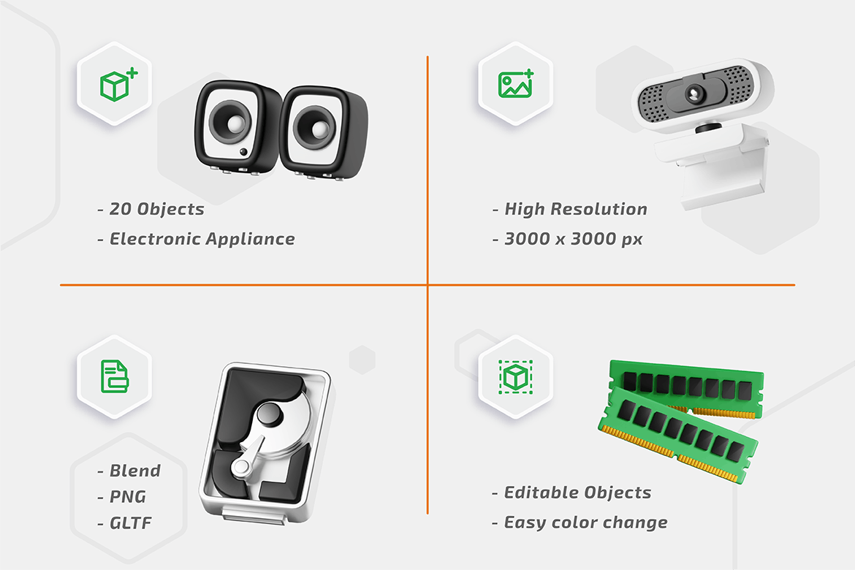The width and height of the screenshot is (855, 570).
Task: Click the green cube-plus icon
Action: click(x=118, y=85)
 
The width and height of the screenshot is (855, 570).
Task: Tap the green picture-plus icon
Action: click(x=516, y=84)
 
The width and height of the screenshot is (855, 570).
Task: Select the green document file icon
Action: click(x=115, y=376)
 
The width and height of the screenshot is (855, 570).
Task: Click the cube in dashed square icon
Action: click(x=516, y=376)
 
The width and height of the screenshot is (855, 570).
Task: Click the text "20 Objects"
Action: click(x=156, y=209)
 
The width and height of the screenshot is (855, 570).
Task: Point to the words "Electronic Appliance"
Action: click(x=202, y=239)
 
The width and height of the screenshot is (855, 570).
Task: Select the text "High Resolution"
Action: click(x=576, y=209)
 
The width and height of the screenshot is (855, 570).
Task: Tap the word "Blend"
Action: click(x=135, y=470)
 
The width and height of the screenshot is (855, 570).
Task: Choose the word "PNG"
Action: click(x=128, y=496)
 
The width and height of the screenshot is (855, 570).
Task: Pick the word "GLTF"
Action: click(x=131, y=522)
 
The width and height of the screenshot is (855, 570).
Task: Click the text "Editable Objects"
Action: click(x=577, y=493)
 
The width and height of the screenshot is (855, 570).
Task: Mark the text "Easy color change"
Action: click(x=585, y=522)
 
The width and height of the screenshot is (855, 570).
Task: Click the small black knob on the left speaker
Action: click(x=243, y=152)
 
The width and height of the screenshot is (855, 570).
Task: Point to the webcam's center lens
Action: click(x=694, y=94)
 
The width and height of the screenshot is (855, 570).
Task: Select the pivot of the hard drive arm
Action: click(x=241, y=467)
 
